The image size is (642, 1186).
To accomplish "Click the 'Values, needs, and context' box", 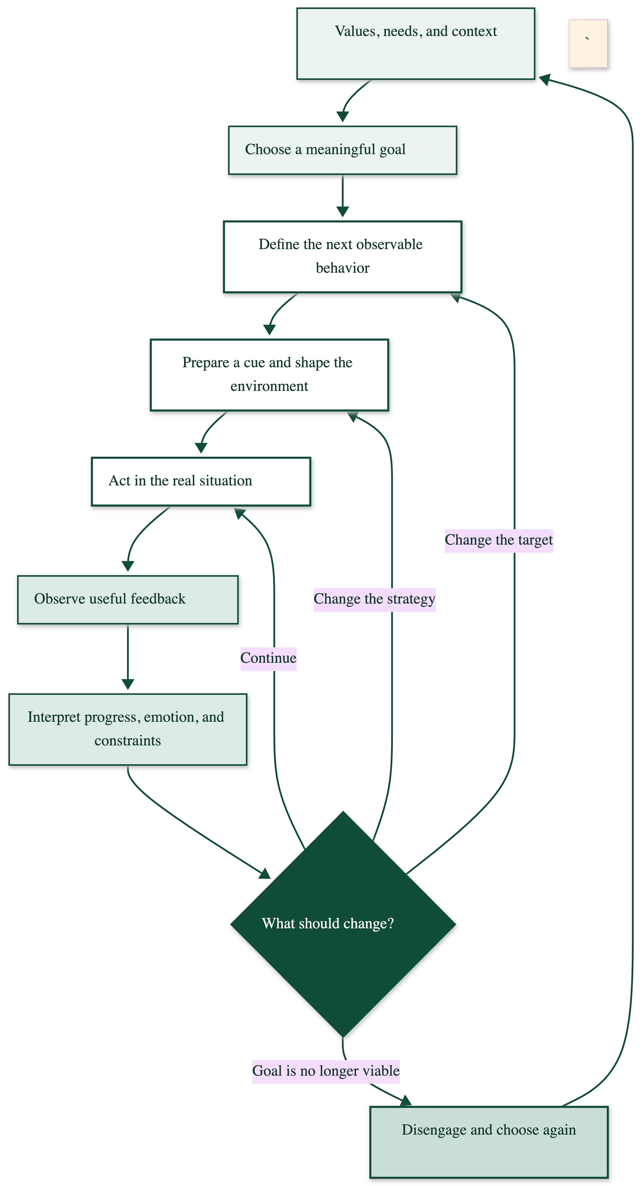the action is coord(415,44).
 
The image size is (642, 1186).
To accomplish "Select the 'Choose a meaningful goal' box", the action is coord(342,150).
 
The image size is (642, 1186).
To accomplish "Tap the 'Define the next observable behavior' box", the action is coord(342,257).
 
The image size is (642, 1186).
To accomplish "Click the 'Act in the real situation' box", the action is coord(201,482).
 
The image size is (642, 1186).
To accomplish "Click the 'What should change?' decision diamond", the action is coord(343,924).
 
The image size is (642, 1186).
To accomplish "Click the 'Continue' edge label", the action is coord(268,658).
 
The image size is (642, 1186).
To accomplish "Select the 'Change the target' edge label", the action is coord(499,540).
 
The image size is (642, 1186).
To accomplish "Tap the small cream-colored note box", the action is coord(588,44).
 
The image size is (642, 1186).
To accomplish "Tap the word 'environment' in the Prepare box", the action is coord(269,386).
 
